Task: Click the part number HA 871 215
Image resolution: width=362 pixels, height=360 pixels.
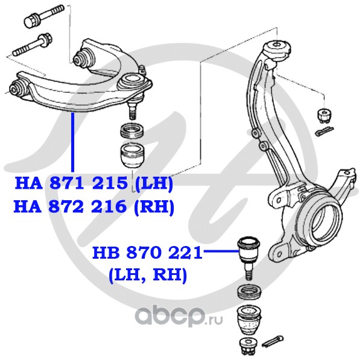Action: [71, 183]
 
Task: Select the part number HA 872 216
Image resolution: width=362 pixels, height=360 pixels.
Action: [70, 207]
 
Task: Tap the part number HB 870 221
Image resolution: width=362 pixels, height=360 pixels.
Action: [147, 253]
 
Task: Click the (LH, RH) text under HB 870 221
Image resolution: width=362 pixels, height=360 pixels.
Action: [148, 276]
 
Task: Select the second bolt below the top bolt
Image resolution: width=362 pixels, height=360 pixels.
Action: [33, 45]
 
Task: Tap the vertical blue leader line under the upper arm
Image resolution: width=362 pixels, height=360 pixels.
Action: [73, 142]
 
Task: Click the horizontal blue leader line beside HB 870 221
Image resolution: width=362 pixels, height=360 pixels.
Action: [221, 251]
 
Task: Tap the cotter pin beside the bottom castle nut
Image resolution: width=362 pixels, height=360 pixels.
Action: [273, 341]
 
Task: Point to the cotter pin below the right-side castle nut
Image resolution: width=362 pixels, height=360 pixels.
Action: [324, 131]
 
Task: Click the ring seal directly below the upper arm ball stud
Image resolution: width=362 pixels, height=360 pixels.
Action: [133, 131]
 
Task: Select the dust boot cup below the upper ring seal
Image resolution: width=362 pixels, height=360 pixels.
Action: [133, 156]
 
